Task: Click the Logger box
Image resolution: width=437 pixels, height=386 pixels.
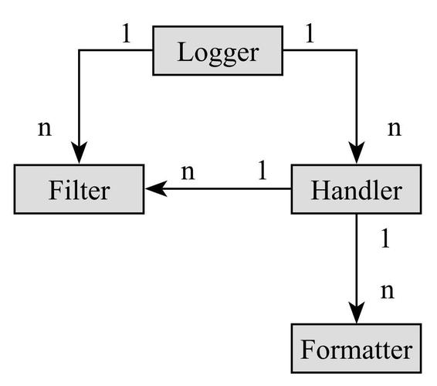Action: pos(218,52)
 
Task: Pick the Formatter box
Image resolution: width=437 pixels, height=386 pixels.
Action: pos(356,350)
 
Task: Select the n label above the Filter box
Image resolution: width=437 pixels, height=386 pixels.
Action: pos(46,128)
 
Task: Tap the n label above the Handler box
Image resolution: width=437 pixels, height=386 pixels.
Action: pos(394,128)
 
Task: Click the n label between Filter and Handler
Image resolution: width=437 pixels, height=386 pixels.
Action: pos(188,171)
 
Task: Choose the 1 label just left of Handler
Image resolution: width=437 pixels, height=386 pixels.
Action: pos(262,170)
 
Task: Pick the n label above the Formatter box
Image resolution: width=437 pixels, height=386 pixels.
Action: pos(388,291)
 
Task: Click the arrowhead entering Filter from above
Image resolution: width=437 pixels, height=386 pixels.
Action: pos(78,155)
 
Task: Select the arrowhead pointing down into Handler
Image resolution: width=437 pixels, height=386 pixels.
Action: pos(356,155)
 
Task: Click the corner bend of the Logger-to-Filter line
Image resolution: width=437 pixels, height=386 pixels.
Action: pos(78,51)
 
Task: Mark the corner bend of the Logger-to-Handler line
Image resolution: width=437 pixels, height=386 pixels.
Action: pos(356,51)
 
